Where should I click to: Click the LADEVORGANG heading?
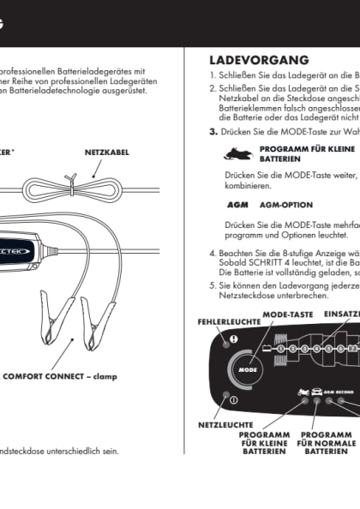click(x=259, y=61)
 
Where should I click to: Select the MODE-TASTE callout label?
click(x=287, y=314)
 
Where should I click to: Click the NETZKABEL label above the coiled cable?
click(x=106, y=152)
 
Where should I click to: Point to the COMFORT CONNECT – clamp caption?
click(x=59, y=375)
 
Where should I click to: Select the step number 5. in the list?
click(x=213, y=284)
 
